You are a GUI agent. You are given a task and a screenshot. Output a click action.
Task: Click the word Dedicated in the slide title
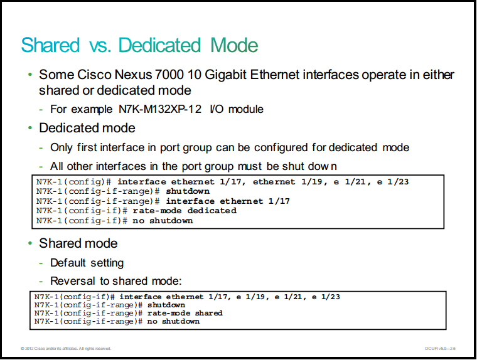point(159,45)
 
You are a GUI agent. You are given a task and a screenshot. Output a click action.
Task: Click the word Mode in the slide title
point(234,45)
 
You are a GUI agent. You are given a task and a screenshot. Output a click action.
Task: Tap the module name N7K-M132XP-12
point(160,109)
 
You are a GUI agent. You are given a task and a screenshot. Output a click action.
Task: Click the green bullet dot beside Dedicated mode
point(30,128)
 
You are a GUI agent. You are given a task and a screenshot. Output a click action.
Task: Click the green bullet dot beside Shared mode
point(30,243)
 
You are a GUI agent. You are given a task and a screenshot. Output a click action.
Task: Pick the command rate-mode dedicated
point(185,211)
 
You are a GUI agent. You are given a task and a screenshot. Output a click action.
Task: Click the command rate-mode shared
point(185,313)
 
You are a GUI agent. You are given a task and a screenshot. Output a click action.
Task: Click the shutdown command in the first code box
point(188,191)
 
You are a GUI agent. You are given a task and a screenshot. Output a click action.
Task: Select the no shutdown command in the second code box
point(173,321)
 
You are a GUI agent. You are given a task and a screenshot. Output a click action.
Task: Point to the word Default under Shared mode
point(68,263)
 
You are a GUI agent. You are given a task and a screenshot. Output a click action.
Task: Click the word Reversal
point(73,281)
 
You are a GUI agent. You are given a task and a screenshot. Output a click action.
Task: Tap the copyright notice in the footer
point(66,349)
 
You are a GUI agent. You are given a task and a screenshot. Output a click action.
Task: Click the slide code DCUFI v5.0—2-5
point(440,349)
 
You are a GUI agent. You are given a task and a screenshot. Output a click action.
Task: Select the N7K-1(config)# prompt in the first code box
point(73,182)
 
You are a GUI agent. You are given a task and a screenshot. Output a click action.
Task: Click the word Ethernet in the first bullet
point(275,75)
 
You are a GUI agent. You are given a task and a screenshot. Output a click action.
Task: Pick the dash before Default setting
point(41,263)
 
